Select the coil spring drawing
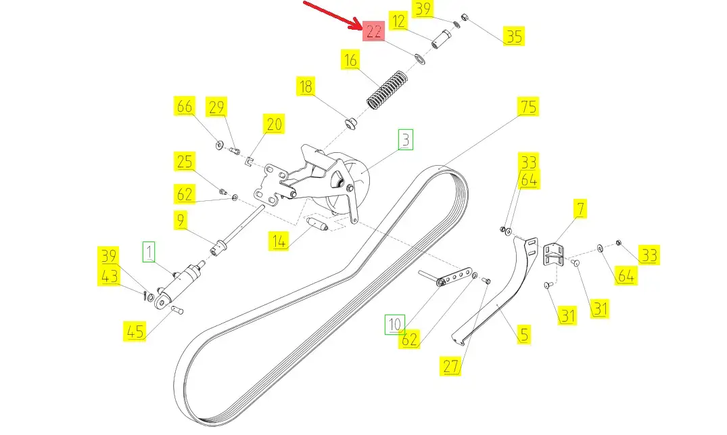click(x=385, y=88)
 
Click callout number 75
click(x=528, y=107)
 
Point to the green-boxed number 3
click(x=405, y=140)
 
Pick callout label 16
click(x=350, y=60)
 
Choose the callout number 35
click(x=515, y=36)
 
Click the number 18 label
click(x=306, y=87)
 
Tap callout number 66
click(x=185, y=107)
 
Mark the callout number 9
click(x=181, y=220)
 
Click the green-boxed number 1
click(x=149, y=252)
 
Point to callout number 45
click(x=135, y=331)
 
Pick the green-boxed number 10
click(x=394, y=325)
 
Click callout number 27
click(x=451, y=366)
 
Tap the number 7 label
click(x=580, y=208)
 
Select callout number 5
click(x=524, y=334)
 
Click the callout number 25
click(x=185, y=162)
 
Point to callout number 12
click(x=399, y=22)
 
